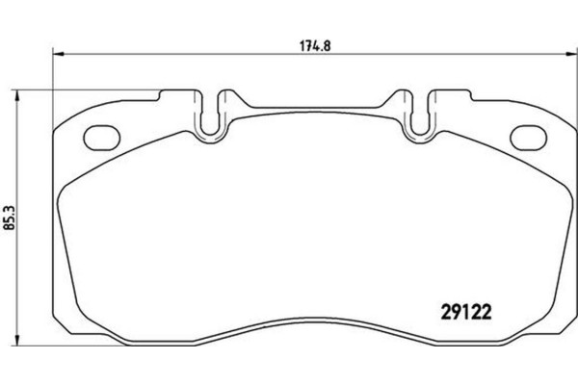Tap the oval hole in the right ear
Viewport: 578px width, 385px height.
pos(527,136)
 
